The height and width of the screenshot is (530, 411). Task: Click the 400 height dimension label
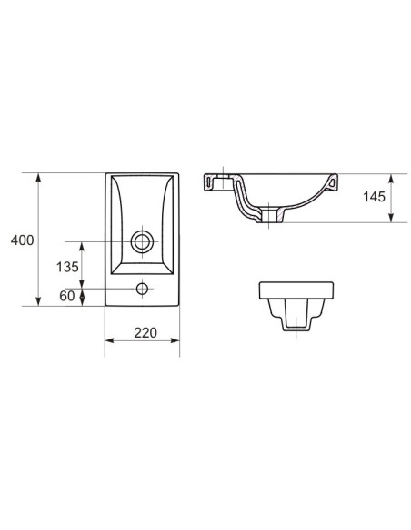tap(23, 240)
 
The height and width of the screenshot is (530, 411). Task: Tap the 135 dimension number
tap(67, 268)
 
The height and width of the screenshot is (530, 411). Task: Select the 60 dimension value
tap(67, 296)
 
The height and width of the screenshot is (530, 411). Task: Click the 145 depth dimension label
tap(373, 197)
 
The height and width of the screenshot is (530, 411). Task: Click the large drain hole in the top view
tap(141, 241)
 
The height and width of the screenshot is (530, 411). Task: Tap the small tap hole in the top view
tap(141, 290)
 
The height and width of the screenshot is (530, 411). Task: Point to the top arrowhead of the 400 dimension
tap(38, 176)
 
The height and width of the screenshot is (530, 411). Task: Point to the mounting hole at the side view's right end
tap(333, 183)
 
